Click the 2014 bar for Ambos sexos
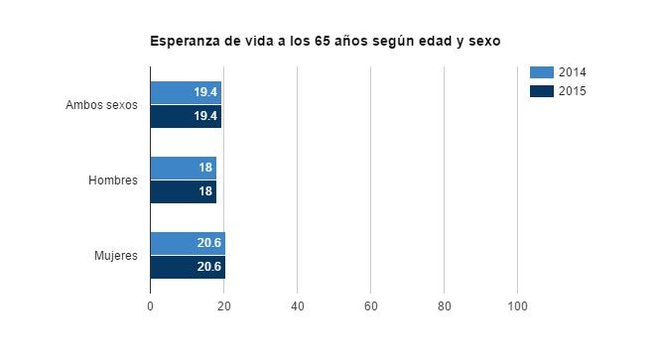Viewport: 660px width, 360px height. [186, 92]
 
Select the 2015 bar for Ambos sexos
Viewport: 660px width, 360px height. [186, 116]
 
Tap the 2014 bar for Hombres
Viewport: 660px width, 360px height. [183, 168]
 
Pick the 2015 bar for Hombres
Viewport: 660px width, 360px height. [183, 191]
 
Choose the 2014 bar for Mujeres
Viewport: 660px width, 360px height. [188, 243]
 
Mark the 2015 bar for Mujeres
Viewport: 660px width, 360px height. [188, 267]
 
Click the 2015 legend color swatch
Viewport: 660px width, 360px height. [541, 91]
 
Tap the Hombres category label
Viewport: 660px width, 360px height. [112, 180]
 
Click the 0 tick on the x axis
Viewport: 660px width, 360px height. [150, 306]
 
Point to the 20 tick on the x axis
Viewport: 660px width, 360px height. [223, 306]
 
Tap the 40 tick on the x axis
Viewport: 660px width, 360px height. [297, 306]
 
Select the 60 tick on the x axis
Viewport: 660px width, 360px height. [370, 306]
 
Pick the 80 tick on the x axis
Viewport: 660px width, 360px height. [444, 306]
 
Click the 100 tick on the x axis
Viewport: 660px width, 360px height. [517, 306]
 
